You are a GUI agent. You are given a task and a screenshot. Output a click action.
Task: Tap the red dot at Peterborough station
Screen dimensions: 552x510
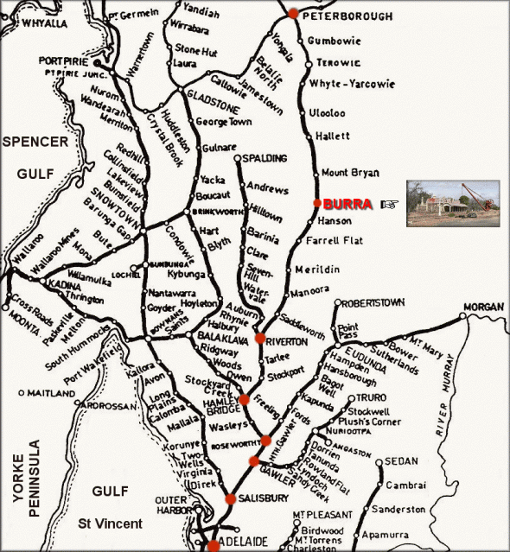(x=293, y=13)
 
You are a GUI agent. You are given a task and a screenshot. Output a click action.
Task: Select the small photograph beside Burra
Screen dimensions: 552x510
(x=452, y=204)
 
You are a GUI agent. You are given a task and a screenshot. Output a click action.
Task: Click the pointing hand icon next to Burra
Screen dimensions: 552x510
(x=391, y=205)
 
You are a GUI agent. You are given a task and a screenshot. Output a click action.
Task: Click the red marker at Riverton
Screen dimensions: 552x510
(x=259, y=339)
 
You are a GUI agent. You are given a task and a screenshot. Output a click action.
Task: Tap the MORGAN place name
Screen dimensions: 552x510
(x=483, y=308)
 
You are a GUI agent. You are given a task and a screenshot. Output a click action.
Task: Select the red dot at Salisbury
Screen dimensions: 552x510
(x=231, y=498)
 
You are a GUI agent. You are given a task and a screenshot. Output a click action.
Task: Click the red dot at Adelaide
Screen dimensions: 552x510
(x=214, y=545)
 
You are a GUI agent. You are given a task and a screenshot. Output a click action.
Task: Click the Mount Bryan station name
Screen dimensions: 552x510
(x=350, y=173)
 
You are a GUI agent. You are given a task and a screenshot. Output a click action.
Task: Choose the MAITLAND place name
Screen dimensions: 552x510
(x=52, y=393)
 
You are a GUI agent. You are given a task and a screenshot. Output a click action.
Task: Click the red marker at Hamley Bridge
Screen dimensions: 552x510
(x=245, y=399)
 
